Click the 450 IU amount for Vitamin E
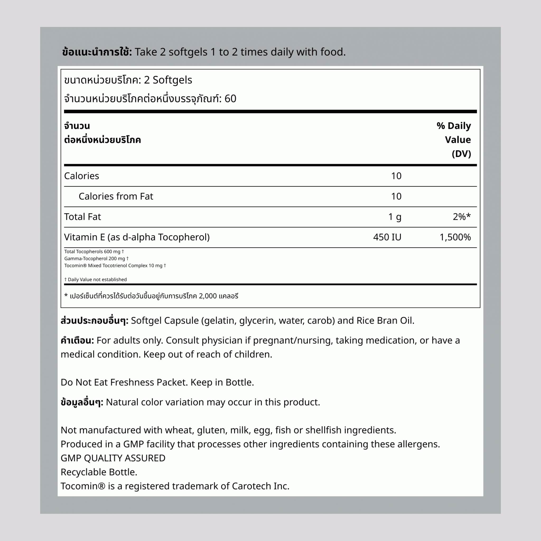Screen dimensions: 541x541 point(387,237)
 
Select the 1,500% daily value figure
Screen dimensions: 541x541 point(455,237)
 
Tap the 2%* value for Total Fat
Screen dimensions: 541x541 point(462,217)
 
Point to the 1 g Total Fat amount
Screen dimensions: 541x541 point(395,217)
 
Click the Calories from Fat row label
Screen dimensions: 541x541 point(116,196)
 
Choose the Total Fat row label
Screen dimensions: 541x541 point(82,217)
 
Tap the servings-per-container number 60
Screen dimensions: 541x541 point(230,99)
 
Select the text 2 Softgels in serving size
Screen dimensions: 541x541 point(168,80)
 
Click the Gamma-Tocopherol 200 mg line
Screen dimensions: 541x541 point(96,258)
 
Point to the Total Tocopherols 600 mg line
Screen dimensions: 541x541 point(94,251)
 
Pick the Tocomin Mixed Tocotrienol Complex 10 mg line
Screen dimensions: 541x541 point(115,265)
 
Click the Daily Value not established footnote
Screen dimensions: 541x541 point(95,279)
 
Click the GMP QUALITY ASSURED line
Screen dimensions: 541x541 point(113,458)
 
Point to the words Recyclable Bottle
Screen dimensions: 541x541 point(99,472)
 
